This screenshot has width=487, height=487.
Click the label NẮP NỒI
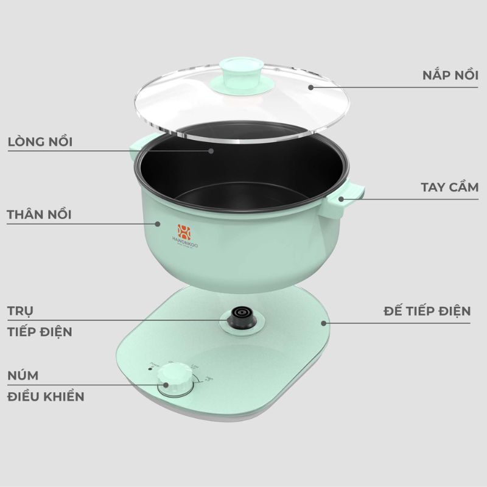coord(450,75)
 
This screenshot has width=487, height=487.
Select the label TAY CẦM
coord(449,187)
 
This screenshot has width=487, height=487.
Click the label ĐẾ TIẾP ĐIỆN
coord(427,311)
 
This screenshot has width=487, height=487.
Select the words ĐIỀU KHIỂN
coord(46,397)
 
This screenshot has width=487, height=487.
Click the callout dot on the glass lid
coord(310,87)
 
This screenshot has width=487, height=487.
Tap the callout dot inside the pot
coord(212,150)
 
